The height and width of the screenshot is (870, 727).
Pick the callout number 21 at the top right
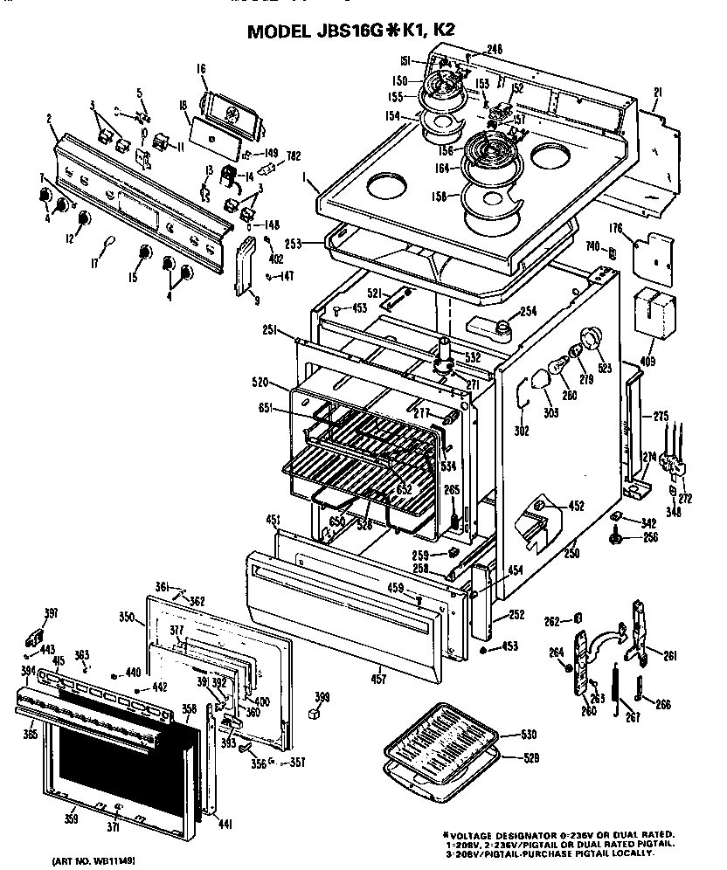point(659,92)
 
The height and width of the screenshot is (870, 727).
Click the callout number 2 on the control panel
point(49,118)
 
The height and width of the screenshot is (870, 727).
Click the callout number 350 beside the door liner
point(127,618)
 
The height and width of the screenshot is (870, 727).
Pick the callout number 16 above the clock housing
point(200,68)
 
